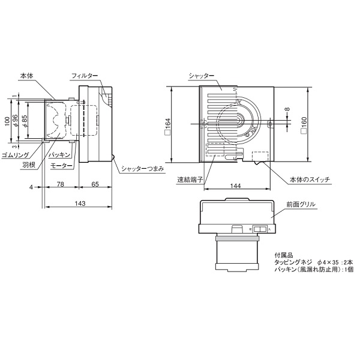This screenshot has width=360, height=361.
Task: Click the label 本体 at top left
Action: click(x=26, y=76)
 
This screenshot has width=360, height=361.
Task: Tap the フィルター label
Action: click(x=85, y=76)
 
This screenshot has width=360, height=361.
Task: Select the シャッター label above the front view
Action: click(x=201, y=76)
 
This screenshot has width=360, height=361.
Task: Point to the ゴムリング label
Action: click(x=16, y=155)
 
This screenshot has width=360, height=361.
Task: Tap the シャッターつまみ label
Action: click(x=143, y=169)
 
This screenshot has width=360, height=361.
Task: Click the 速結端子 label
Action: click(x=190, y=179)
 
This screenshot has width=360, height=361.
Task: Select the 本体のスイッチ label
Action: click(x=310, y=180)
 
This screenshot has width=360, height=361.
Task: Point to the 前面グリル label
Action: click(x=301, y=204)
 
